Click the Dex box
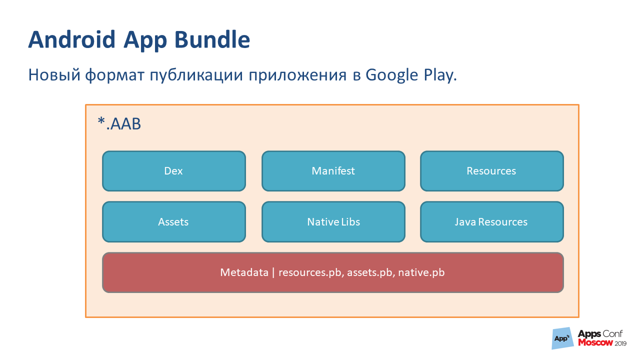tap(173, 171)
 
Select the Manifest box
tap(333, 171)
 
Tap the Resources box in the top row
tap(491, 171)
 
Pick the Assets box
tap(173, 221)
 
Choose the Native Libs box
tap(333, 221)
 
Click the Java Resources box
tap(491, 221)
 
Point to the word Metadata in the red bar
tap(244, 272)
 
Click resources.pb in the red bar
tap(310, 272)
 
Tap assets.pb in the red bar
tap(369, 272)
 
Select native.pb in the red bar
tap(421, 272)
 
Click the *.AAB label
tap(119, 124)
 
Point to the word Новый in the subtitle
tap(54, 75)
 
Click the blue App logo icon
tap(562, 338)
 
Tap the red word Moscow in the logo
tap(594, 343)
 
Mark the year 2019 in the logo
tap(620, 344)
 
